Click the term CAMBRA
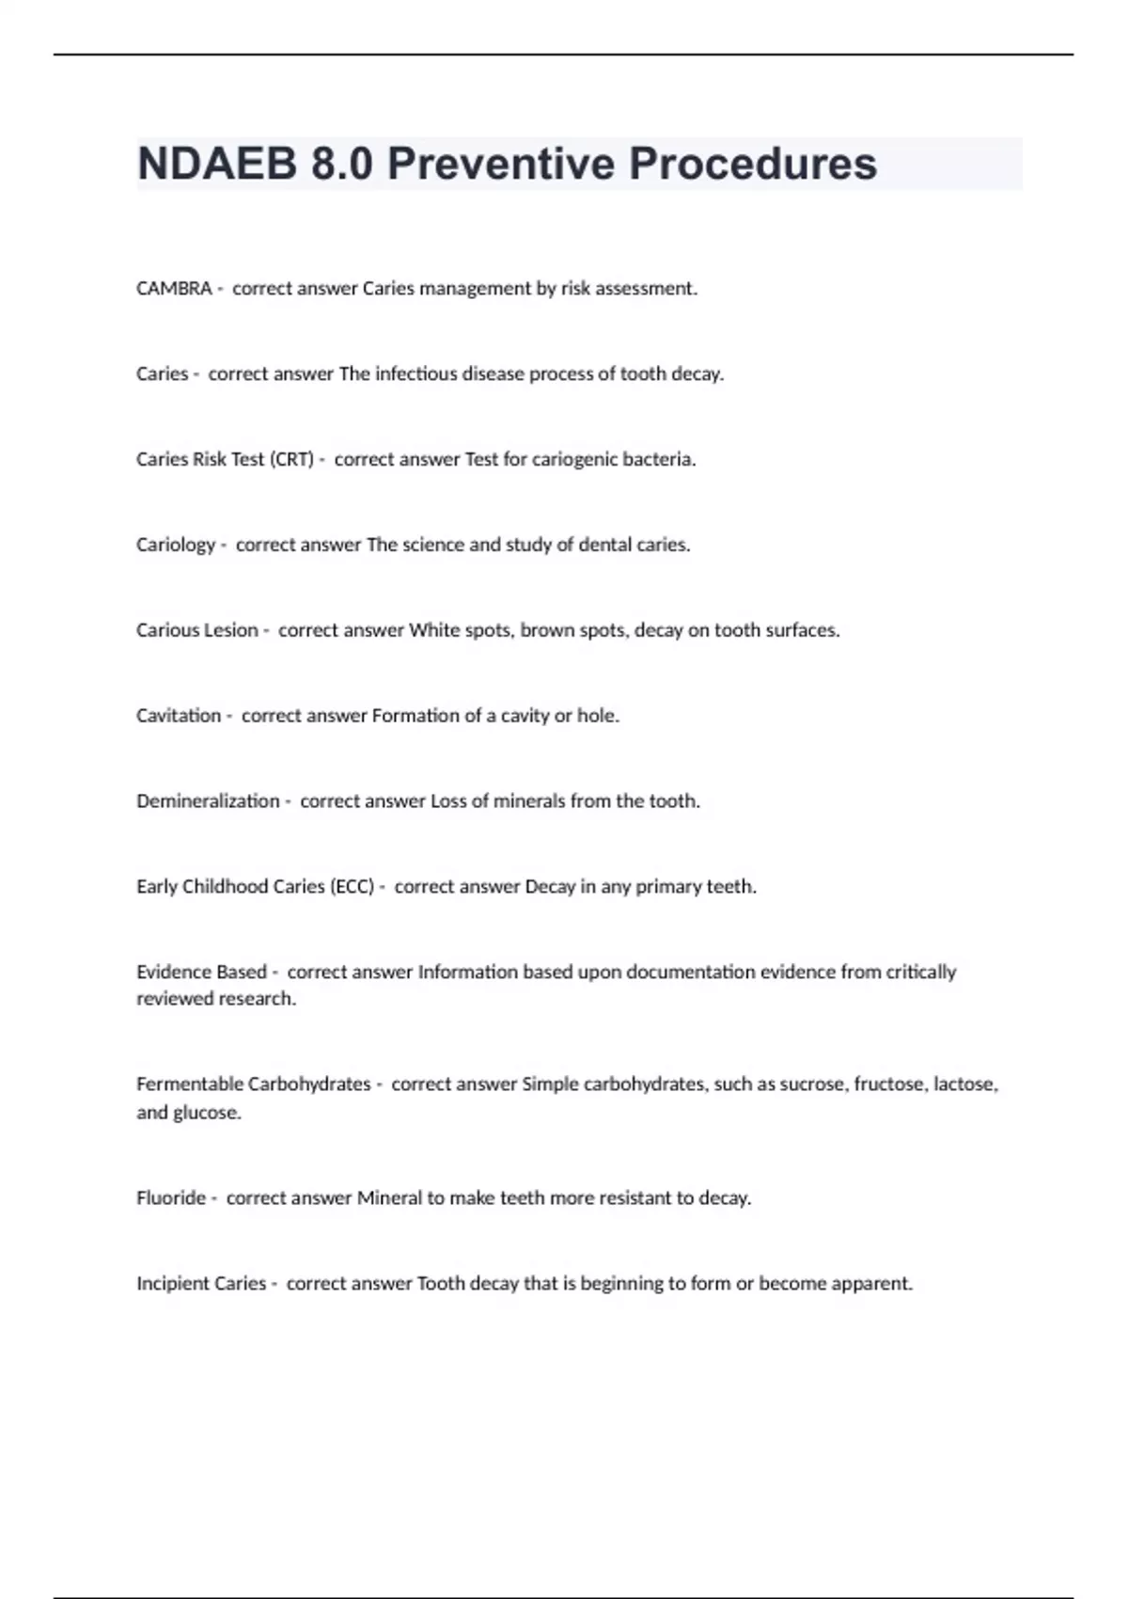(x=174, y=289)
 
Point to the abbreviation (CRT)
(x=291, y=460)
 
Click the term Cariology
(x=176, y=546)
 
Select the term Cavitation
(x=179, y=716)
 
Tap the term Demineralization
(x=208, y=801)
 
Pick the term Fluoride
(x=171, y=1198)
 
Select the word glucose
(x=207, y=1113)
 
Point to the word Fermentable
(x=190, y=1084)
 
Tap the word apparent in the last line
(x=873, y=1284)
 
